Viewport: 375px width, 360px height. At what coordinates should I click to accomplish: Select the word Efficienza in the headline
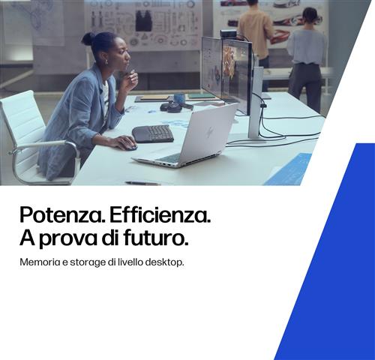point(160,216)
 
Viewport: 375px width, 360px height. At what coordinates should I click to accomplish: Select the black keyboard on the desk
point(153,133)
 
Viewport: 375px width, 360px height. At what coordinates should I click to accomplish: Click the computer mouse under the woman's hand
point(130,145)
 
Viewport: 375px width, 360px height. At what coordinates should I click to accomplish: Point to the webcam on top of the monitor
point(229,34)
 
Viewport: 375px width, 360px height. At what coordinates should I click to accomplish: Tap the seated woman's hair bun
point(88,38)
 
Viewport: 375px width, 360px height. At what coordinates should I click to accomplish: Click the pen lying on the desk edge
point(142,182)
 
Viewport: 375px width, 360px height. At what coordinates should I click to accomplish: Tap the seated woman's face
point(120,55)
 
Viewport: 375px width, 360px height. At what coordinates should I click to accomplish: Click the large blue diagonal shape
point(337,262)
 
